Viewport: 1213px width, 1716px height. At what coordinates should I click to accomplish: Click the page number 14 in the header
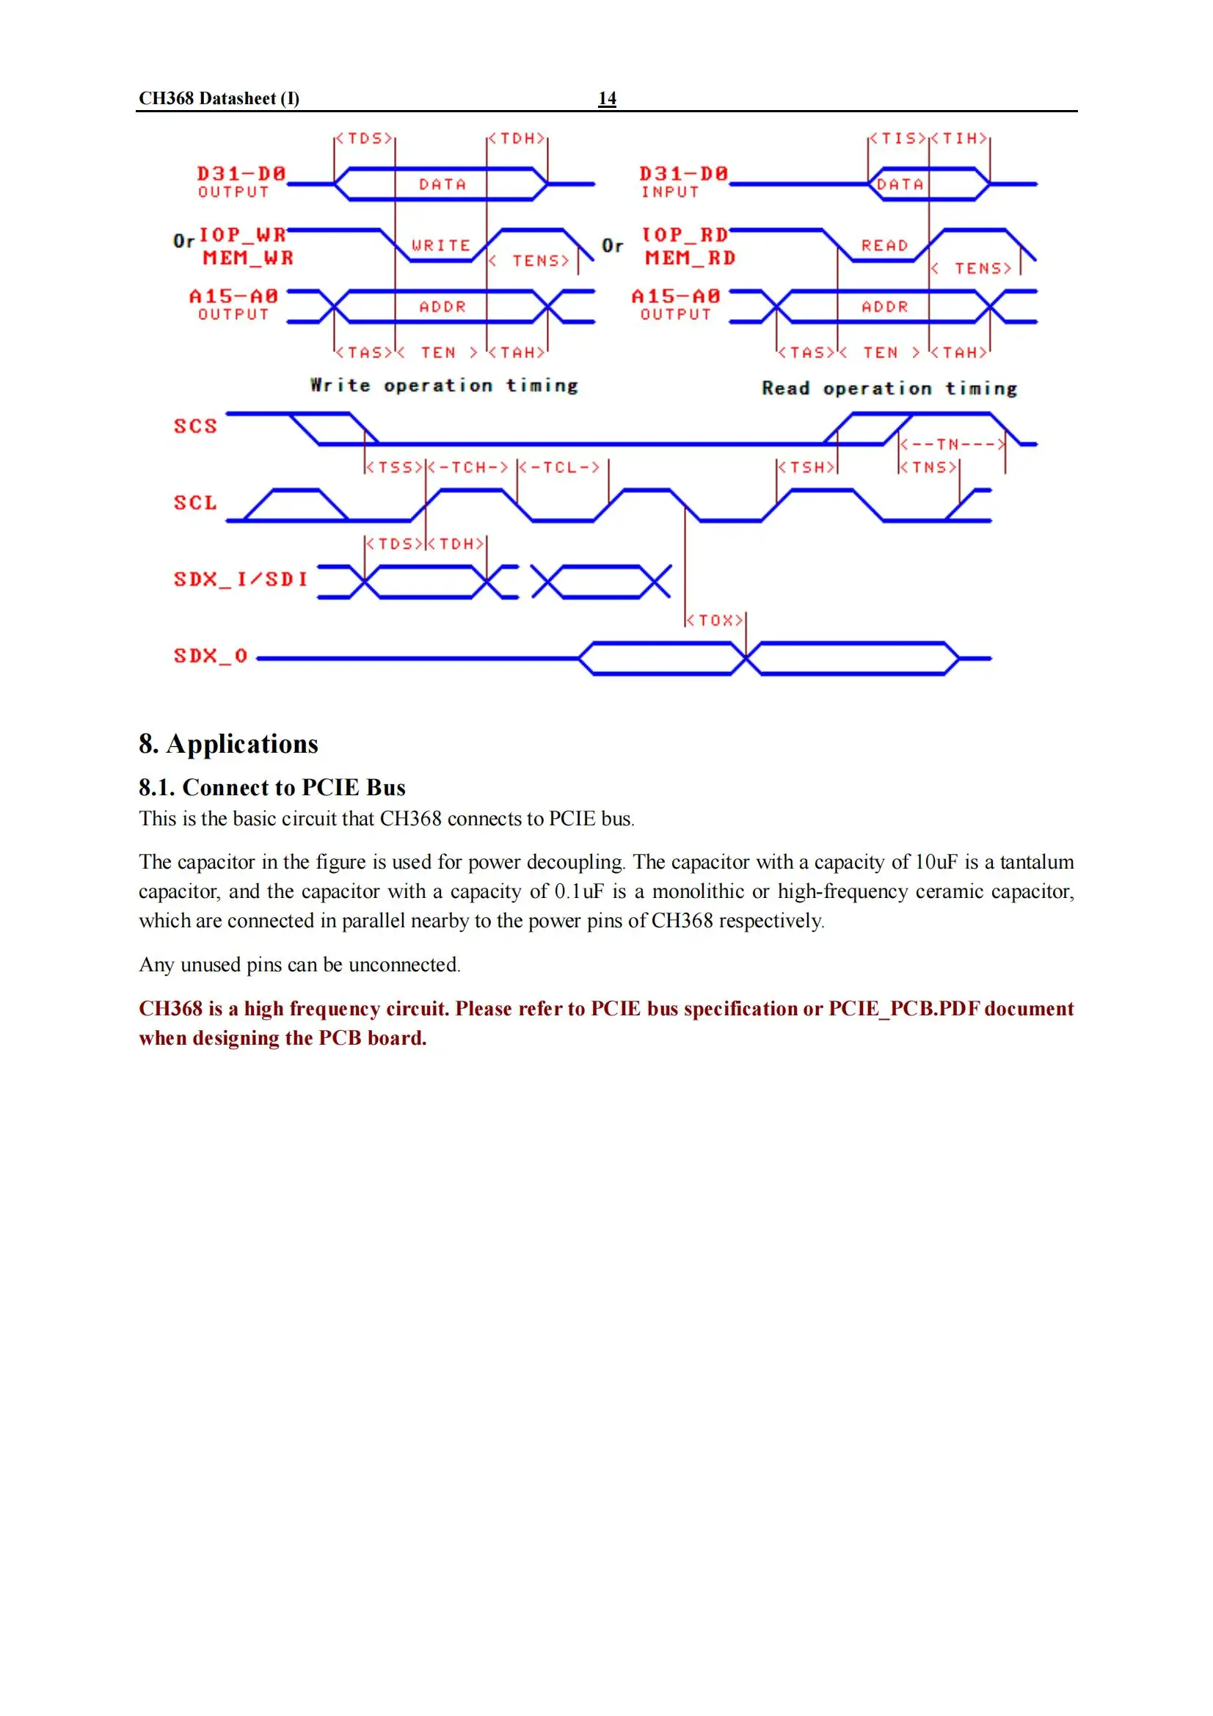607,98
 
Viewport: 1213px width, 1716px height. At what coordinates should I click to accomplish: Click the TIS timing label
897,138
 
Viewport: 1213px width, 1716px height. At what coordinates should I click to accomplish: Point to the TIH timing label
960,138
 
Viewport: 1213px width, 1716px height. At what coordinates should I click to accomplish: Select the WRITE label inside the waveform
441,245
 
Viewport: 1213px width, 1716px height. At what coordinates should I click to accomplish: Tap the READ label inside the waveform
884,245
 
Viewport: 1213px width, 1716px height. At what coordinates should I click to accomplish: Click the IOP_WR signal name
242,235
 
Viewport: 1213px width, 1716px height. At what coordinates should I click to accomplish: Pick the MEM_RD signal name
691,258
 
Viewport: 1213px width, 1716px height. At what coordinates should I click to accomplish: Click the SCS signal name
195,426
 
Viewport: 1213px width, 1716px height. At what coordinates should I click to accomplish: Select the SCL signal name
195,503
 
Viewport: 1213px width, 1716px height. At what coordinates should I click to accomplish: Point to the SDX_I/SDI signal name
241,580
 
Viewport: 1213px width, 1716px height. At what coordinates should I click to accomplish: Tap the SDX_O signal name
210,656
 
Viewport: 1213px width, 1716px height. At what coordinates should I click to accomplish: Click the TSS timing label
396,467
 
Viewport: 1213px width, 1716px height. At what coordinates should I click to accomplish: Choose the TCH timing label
473,467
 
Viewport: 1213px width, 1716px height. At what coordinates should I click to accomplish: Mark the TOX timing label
716,621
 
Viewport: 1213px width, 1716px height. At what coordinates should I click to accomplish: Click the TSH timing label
807,467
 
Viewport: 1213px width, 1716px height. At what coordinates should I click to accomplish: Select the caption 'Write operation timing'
444,386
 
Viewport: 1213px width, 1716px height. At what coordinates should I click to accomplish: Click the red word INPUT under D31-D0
670,192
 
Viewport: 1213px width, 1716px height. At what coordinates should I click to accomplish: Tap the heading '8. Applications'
228,744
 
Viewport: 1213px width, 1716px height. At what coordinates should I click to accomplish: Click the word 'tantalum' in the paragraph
1037,862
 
